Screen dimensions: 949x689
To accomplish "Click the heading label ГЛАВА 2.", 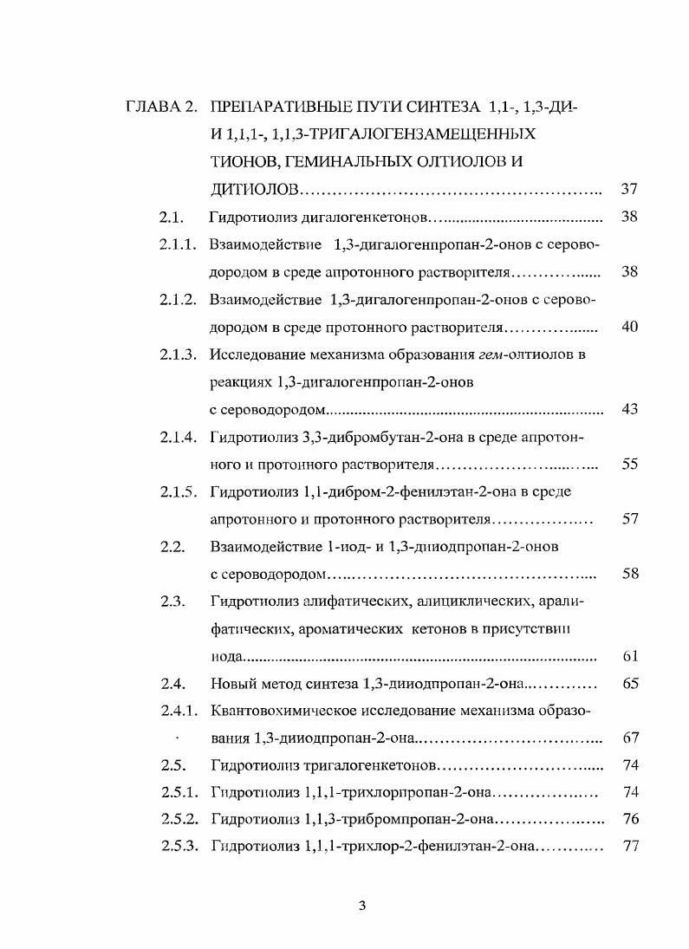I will click(x=161, y=107).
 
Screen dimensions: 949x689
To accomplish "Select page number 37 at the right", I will click(x=630, y=189).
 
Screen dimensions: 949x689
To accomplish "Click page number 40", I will click(x=630, y=327).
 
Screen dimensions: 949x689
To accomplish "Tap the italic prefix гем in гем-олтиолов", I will click(x=491, y=354).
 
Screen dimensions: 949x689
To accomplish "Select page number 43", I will click(x=630, y=409).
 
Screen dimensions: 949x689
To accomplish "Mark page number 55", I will click(x=630, y=465).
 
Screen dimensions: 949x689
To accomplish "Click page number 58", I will click(x=630, y=574).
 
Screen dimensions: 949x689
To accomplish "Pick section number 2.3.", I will click(x=173, y=601).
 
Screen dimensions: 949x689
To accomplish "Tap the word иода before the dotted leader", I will click(x=226, y=657).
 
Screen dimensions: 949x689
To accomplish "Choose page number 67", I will click(x=630, y=738).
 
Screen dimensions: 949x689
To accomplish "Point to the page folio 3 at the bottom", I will click(x=362, y=907).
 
